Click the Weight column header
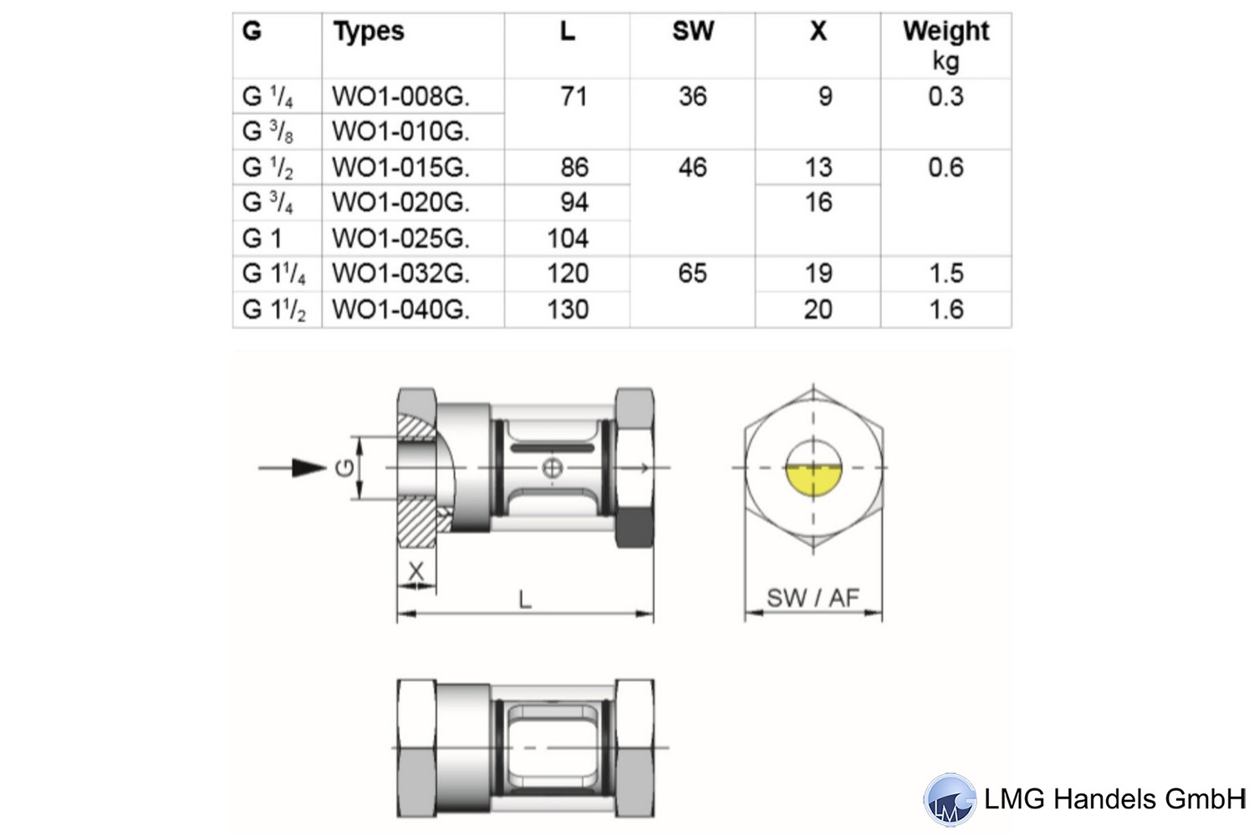[946, 32]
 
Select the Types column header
[369, 32]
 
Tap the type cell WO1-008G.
[400, 96]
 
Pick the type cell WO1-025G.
[400, 238]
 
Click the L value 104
[568, 238]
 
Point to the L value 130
[568, 309]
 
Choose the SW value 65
[693, 273]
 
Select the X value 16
[818, 202]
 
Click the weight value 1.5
[946, 273]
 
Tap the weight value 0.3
[946, 96]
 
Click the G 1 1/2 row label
[273, 309]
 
